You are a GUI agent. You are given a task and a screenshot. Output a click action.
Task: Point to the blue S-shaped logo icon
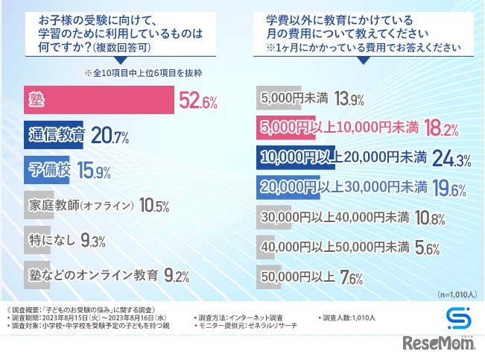coord(456,317)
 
